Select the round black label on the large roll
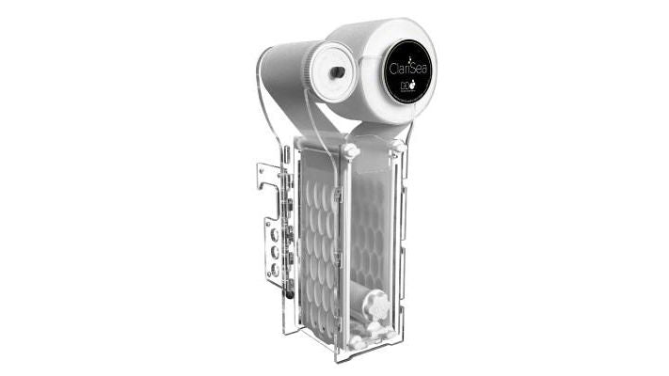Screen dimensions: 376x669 (x=407, y=71)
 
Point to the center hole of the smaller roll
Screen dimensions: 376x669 (x=333, y=71)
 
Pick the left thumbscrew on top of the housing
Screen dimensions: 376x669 (x=351, y=150)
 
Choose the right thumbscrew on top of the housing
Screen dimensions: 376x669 (x=398, y=146)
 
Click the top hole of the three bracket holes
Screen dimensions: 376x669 (x=274, y=233)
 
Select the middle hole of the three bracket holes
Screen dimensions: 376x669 (x=274, y=251)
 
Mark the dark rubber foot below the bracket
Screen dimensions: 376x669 (x=289, y=292)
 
